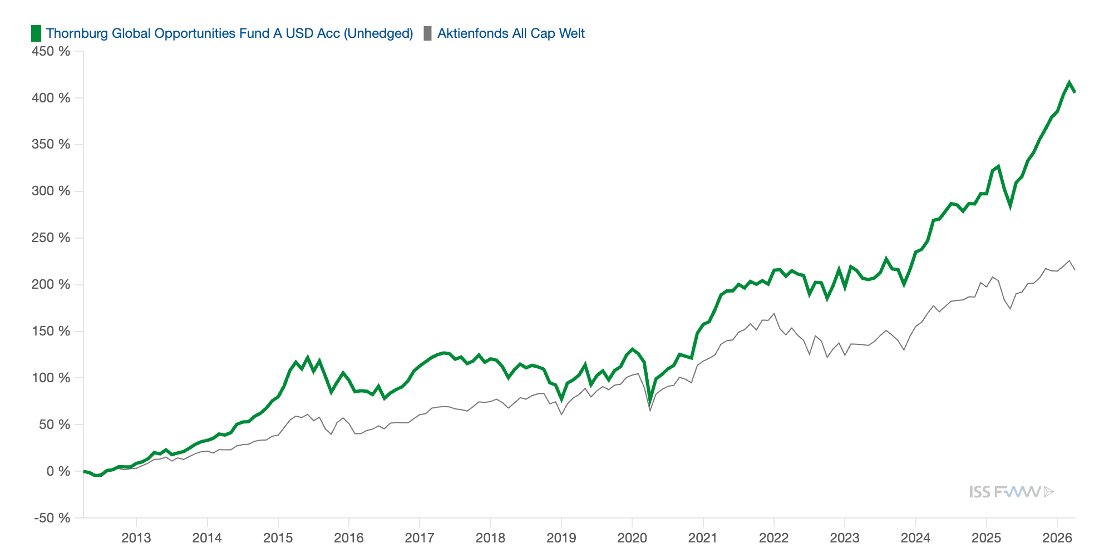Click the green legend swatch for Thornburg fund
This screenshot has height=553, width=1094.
(x=36, y=33)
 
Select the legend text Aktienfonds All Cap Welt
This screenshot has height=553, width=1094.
(x=511, y=33)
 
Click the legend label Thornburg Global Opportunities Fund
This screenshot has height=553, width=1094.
(x=229, y=33)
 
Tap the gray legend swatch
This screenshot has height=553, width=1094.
(x=427, y=33)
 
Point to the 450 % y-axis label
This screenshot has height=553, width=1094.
(x=51, y=51)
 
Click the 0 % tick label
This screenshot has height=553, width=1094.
(x=58, y=471)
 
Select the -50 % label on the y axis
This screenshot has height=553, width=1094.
(x=52, y=518)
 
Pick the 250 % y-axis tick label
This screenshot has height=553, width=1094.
(x=51, y=238)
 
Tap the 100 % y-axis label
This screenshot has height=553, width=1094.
(x=51, y=378)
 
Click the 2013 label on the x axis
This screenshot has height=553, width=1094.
(x=136, y=537)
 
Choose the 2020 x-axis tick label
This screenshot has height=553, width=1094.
(x=632, y=537)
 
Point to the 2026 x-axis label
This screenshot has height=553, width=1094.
(x=1057, y=537)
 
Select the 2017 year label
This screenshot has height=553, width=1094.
(x=420, y=537)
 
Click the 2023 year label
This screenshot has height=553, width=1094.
(x=845, y=537)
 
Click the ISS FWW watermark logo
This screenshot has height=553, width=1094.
(x=1011, y=492)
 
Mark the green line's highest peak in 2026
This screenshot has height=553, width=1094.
(x=1069, y=83)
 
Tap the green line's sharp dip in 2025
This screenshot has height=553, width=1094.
(x=1010, y=206)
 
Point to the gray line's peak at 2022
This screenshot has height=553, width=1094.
(x=774, y=314)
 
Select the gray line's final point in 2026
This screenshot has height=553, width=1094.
(x=1075, y=270)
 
